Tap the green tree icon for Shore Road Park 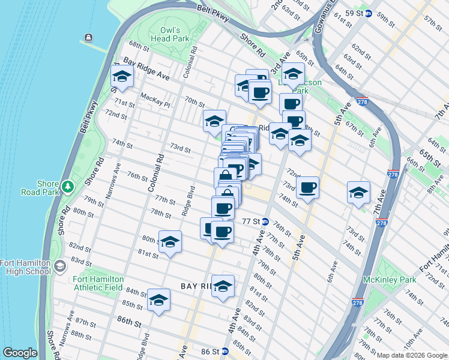pyautogui.click(x=68, y=187)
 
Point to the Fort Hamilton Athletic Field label pyautogui.click(x=98, y=283)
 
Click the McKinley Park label pyautogui.click(x=390, y=280)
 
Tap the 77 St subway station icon pyautogui.click(x=265, y=221)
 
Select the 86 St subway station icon pyautogui.click(x=224, y=351)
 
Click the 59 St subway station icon pyautogui.click(x=368, y=13)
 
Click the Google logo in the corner pyautogui.click(x=20, y=353)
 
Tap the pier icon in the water pyautogui.click(x=89, y=38)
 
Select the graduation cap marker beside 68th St pyautogui.click(x=122, y=77)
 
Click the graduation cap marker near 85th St pyautogui.click(x=159, y=301)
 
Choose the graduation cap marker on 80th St pyautogui.click(x=170, y=242)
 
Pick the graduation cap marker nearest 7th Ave pyautogui.click(x=358, y=193)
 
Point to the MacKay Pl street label pyautogui.click(x=155, y=100)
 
